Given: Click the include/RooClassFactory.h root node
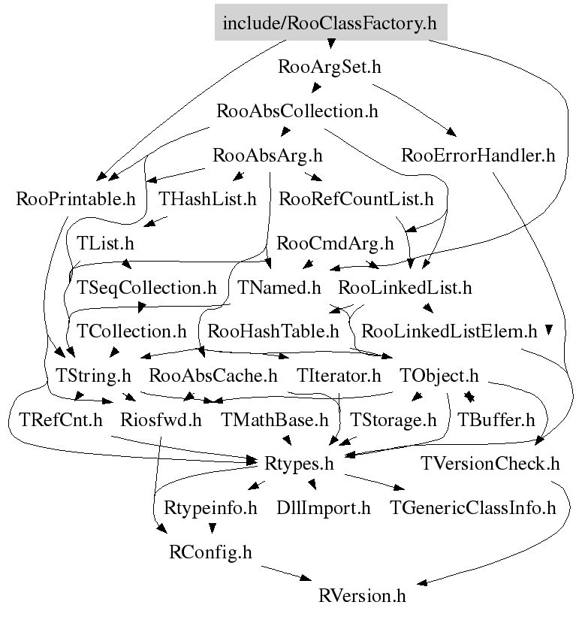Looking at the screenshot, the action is click(x=330, y=23).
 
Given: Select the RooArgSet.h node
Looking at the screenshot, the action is click(x=330, y=66).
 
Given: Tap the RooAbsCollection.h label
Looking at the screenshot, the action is click(x=297, y=111).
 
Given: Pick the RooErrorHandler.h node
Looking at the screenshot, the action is click(x=478, y=155).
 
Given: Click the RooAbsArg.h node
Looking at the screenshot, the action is click(x=267, y=155).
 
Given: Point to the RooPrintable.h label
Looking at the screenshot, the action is click(x=76, y=198).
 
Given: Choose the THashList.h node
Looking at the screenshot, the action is click(x=207, y=198).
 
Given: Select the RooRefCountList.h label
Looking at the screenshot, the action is click(x=356, y=198).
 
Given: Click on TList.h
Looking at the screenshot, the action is click(x=105, y=243).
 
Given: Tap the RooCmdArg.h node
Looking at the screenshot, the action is click(x=335, y=243).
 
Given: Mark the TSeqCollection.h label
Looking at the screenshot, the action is click(x=146, y=287).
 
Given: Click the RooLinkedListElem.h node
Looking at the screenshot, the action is click(x=449, y=331).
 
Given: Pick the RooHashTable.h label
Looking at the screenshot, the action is click(x=273, y=331).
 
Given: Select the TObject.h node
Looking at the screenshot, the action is click(x=439, y=376).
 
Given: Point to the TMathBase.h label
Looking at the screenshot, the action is click(x=274, y=419).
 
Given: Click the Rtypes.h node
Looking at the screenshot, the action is click(x=299, y=464).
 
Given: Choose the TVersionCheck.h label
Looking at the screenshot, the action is click(x=490, y=464).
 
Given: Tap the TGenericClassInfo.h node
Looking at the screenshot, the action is click(x=472, y=507).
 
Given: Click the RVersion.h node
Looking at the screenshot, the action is click(x=362, y=595).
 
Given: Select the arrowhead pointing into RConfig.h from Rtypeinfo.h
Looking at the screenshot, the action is click(x=213, y=528).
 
